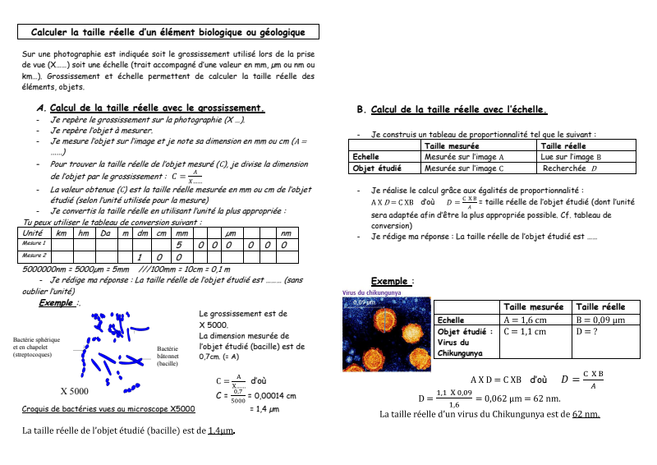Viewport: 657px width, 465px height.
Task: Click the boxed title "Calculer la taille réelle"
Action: click(168, 32)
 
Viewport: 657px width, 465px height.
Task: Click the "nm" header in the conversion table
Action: click(285, 233)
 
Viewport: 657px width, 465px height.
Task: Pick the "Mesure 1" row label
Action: click(34, 244)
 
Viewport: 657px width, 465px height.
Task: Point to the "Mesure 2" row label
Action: click(34, 256)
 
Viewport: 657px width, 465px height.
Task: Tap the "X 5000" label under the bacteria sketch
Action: click(75, 390)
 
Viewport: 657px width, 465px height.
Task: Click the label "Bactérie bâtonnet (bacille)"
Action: click(168, 356)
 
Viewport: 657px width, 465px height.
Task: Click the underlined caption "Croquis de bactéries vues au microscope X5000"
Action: click(108, 408)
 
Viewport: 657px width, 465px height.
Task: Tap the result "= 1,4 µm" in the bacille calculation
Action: click(264, 408)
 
